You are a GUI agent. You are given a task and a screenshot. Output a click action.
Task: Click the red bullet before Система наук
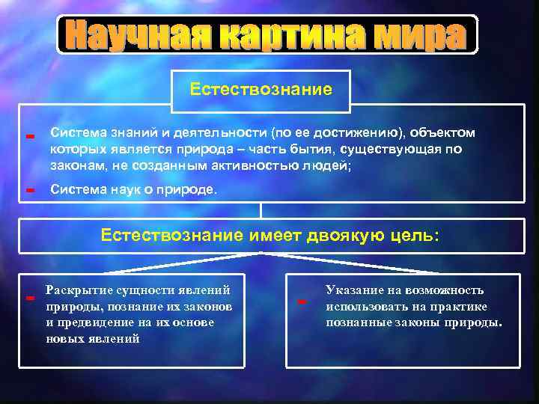pos(31,191)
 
